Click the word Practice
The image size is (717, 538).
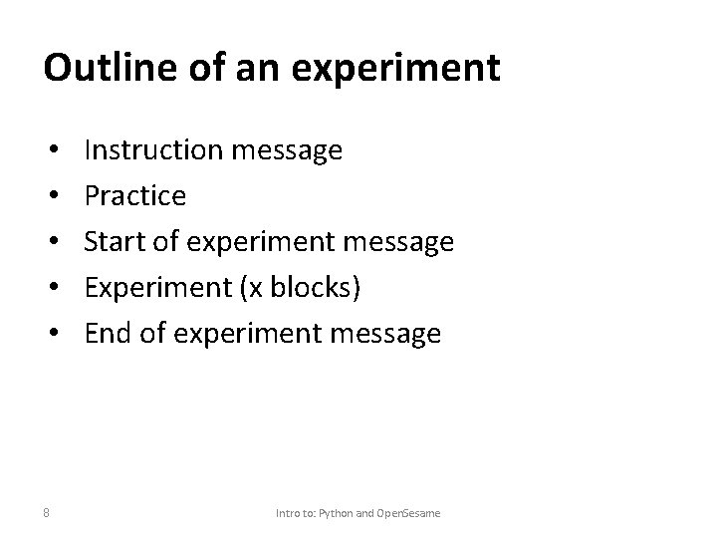[x=134, y=196]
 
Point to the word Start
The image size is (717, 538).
[x=115, y=242]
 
